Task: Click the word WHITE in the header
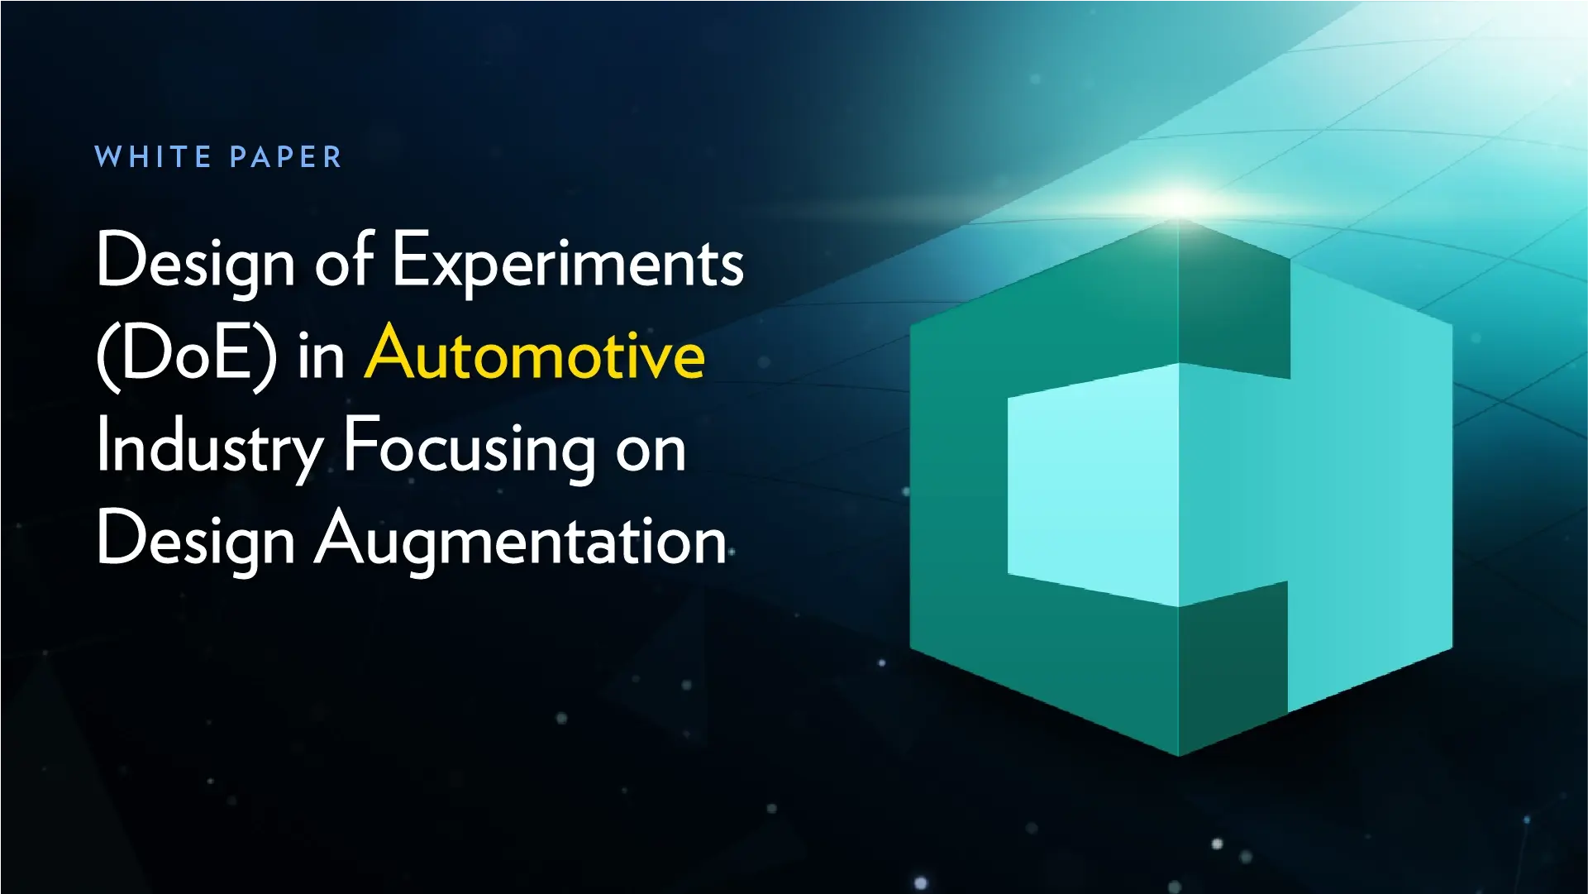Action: [153, 156]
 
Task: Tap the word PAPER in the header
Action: [285, 156]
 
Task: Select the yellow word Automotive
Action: [535, 354]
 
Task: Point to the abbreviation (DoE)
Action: [187, 356]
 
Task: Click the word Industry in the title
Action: [209, 447]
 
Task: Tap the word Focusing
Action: [469, 447]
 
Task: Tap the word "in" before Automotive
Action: [321, 356]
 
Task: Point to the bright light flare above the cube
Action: [1180, 201]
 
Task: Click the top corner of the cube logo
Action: [1179, 222]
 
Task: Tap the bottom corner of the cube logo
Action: [1179, 754]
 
